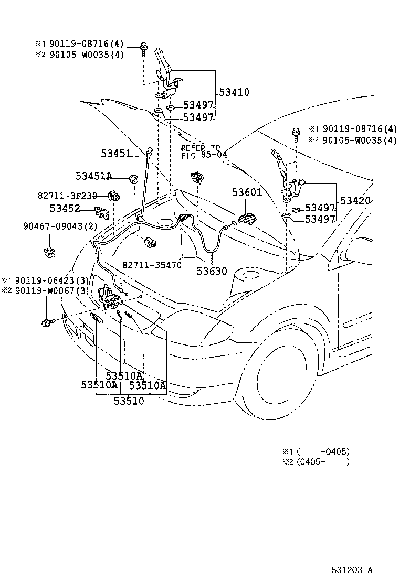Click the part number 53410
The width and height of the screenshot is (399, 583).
pyautogui.click(x=234, y=92)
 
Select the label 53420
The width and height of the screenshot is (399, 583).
pyautogui.click(x=355, y=200)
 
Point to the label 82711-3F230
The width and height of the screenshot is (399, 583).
pyautogui.click(x=67, y=196)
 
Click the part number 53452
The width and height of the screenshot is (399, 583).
pyautogui.click(x=65, y=209)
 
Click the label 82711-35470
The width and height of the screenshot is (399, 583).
pyautogui.click(x=152, y=265)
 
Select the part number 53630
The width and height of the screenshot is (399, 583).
pyautogui.click(x=212, y=271)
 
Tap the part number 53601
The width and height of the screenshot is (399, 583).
pyautogui.click(x=247, y=192)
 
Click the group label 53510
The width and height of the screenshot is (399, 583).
pyautogui.click(x=129, y=401)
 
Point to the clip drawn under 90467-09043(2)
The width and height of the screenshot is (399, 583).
pyautogui.click(x=51, y=252)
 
